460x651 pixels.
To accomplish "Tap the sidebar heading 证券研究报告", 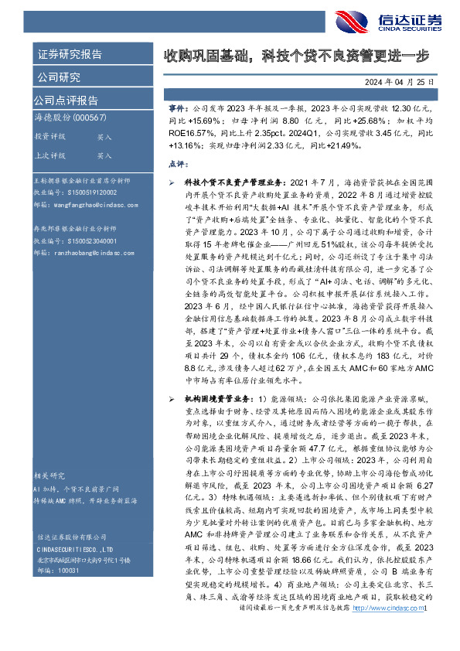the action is tap(69, 54).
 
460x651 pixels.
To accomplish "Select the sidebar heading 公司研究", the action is tap(58, 77).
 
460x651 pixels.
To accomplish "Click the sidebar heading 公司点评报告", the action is tap(66, 100).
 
